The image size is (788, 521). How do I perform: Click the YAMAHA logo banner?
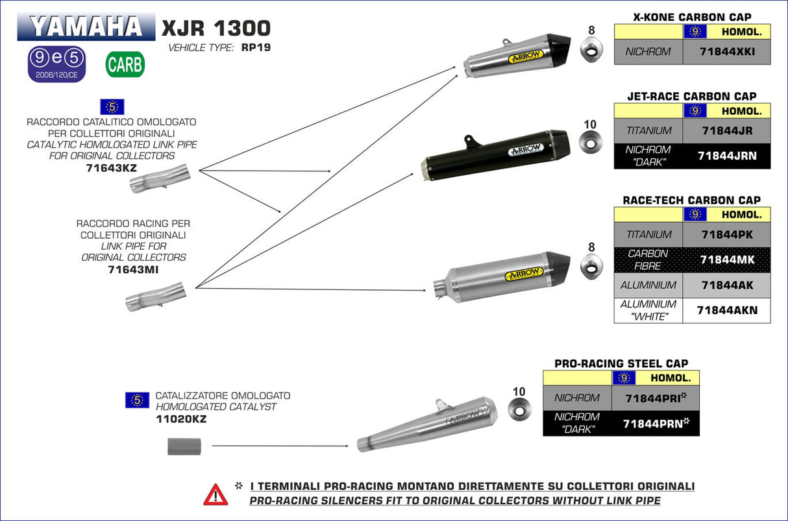coord(86,27)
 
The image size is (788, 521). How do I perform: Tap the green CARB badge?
coord(125,65)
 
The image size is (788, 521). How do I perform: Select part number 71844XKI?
coord(726,51)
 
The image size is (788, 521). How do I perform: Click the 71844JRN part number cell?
coord(726,156)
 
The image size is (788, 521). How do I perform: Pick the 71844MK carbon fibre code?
coord(726,260)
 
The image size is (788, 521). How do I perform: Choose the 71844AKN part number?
coord(726,310)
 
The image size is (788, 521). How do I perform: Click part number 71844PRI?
coord(655,398)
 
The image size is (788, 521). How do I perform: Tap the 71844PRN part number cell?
coord(655,423)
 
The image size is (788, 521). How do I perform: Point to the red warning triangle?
coord(215,494)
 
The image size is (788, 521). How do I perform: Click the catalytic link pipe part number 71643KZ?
coord(111,167)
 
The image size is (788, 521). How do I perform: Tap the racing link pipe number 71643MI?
coord(133,269)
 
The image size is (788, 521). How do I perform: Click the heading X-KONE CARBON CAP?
coord(692,17)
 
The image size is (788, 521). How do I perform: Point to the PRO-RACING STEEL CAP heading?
coord(621,363)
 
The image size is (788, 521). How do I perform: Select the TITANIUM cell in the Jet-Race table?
coord(649,130)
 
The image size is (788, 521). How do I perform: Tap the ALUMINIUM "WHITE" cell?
coord(648,310)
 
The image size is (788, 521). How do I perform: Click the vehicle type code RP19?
coord(255,47)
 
